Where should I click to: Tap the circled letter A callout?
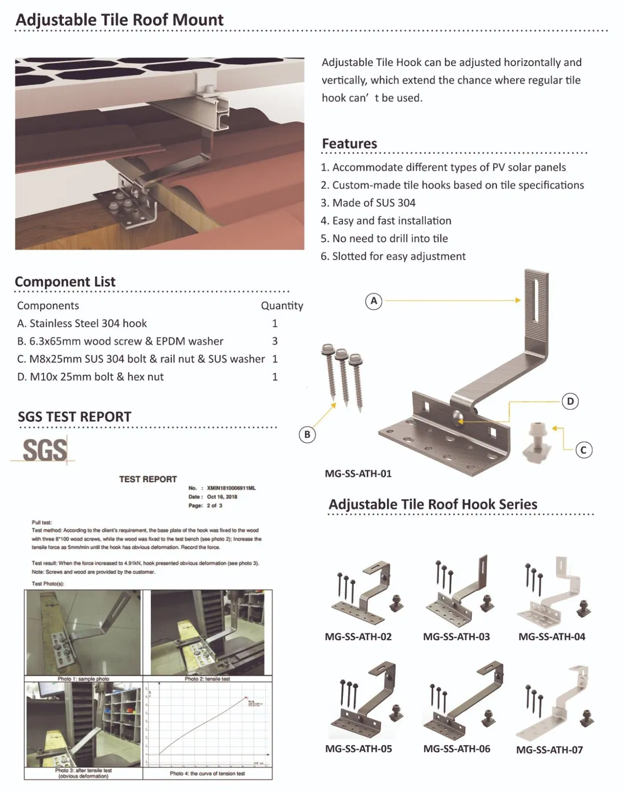pyautogui.click(x=374, y=301)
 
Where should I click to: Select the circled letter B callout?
pyautogui.click(x=307, y=434)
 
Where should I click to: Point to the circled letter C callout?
pyautogui.click(x=583, y=450)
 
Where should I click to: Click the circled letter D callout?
pyautogui.click(x=570, y=401)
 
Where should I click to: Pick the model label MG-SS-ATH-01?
pyautogui.click(x=358, y=473)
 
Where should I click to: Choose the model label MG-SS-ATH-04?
pyautogui.click(x=551, y=636)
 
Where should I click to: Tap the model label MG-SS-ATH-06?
pyautogui.click(x=457, y=749)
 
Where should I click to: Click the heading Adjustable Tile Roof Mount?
pyautogui.click(x=119, y=20)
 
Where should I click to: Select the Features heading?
pyautogui.click(x=349, y=144)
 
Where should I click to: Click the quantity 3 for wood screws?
pyautogui.click(x=275, y=341)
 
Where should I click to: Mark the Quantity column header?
pyautogui.click(x=282, y=305)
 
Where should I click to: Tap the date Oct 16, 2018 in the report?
pyautogui.click(x=222, y=497)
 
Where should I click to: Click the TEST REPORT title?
pyautogui.click(x=148, y=479)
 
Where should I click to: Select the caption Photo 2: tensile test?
pyautogui.click(x=207, y=679)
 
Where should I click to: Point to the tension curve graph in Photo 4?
pyautogui.click(x=207, y=725)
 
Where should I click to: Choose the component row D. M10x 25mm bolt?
pyautogui.click(x=91, y=377)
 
